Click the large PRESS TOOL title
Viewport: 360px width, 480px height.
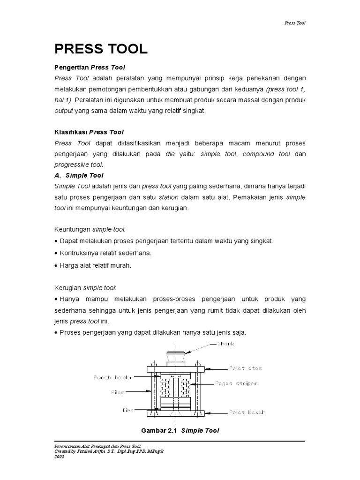pos(101,48)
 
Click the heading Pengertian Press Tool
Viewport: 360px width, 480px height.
pos(89,67)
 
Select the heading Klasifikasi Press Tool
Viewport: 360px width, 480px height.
pos(89,132)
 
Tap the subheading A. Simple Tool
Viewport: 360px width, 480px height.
pos(79,176)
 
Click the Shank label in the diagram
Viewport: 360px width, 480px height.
pos(225,344)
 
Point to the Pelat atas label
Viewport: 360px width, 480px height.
pos(246,368)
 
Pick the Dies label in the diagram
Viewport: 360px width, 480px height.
pos(128,410)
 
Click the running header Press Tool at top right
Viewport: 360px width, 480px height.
pos(295,22)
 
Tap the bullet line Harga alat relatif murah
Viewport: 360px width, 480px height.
pos(93,265)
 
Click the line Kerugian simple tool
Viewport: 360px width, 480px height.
pos(86,287)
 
